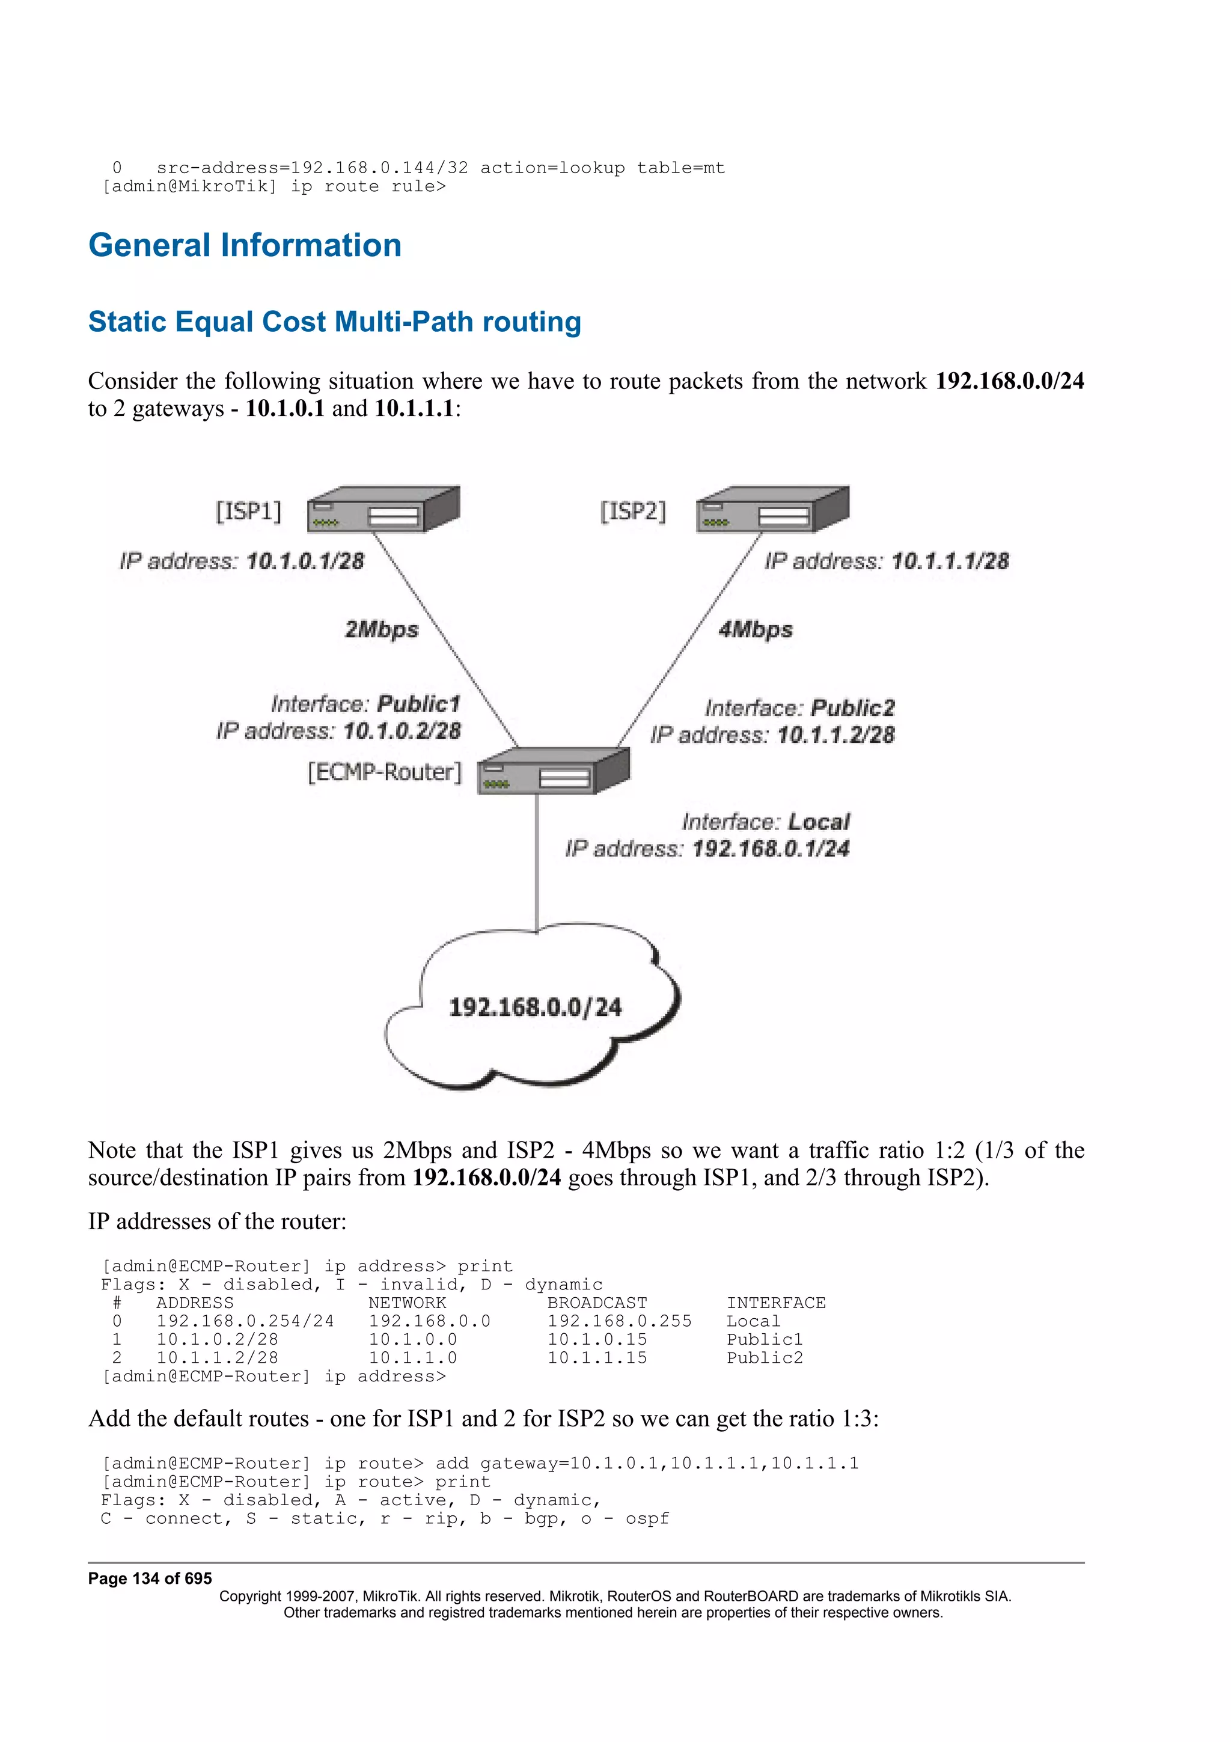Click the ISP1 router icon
point(383,509)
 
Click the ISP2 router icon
point(772,509)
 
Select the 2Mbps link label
point(382,630)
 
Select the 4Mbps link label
point(756,630)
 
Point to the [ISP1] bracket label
point(249,512)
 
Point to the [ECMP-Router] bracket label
point(385,772)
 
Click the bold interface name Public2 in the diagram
point(852,708)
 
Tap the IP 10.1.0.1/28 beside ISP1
point(305,561)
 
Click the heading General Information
point(244,245)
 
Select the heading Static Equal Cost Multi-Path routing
point(334,322)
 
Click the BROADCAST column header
point(597,1303)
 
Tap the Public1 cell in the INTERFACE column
point(764,1339)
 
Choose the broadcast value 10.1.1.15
point(597,1357)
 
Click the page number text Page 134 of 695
point(150,1578)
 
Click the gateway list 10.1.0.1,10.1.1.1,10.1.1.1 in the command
point(713,1463)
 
